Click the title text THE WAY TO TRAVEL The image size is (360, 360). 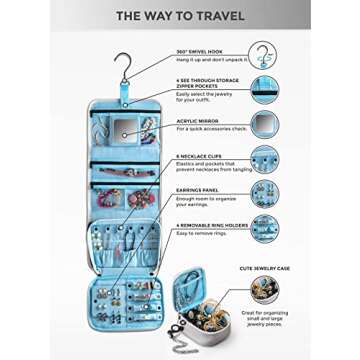pyautogui.click(x=180, y=16)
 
